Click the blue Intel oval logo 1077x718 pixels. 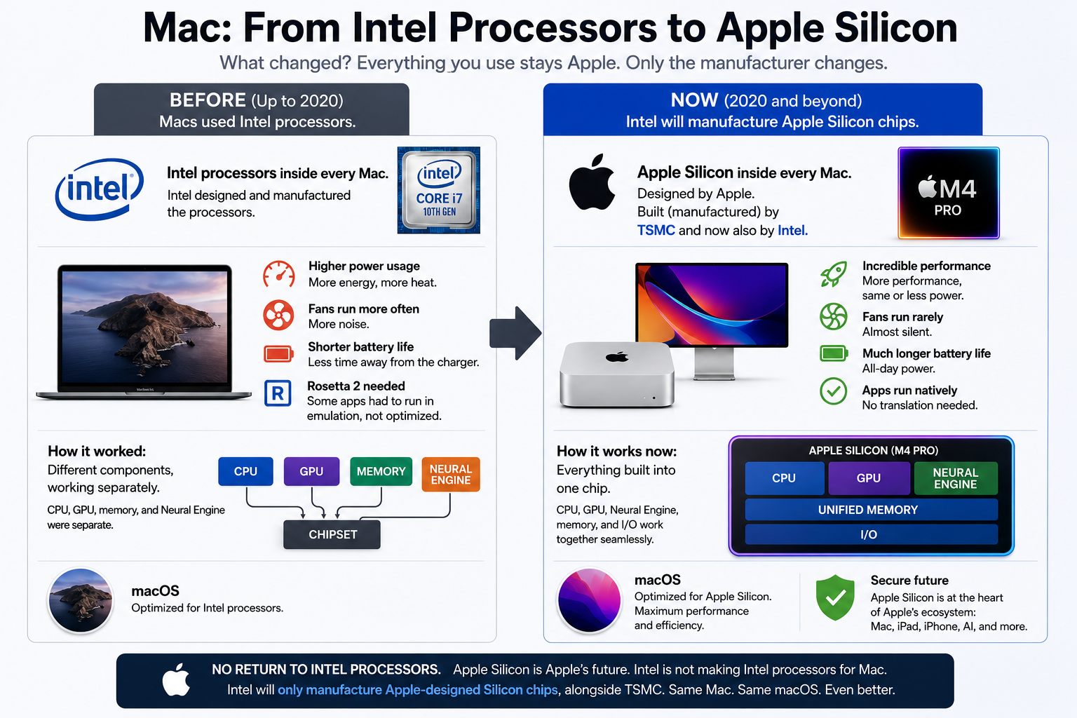pos(99,189)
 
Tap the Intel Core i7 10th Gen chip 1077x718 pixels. pos(438,191)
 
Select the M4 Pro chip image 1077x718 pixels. pos(948,193)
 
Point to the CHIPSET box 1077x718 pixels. pos(332,534)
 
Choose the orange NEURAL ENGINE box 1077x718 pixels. pos(451,474)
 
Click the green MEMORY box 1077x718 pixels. pos(381,471)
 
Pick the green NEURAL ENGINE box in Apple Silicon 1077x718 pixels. pos(956,478)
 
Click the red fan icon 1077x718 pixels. pos(278,316)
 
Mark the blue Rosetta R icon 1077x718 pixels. pos(278,393)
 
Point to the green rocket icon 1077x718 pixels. pos(834,275)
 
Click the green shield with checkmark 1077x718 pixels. pos(835,597)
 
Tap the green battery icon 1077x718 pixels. pos(834,354)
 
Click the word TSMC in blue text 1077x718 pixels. pos(656,231)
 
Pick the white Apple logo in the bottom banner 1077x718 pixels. pos(176,679)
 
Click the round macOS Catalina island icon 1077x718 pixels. pos(81,600)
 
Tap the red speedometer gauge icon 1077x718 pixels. pos(279,274)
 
